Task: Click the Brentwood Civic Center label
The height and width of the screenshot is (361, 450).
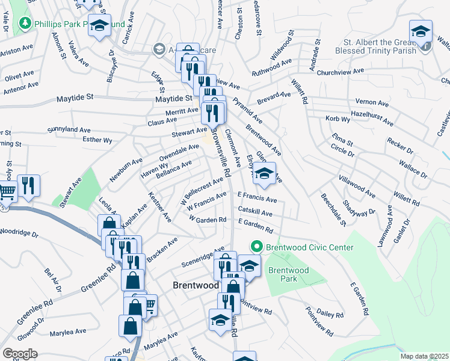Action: click(x=309, y=247)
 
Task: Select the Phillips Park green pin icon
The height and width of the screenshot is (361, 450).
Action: click(x=25, y=23)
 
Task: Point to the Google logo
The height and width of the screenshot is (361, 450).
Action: click(x=20, y=354)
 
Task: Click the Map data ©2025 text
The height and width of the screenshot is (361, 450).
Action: click(x=425, y=356)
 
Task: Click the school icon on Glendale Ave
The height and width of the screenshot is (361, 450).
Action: click(x=264, y=174)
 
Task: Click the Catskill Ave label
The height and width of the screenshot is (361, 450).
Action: click(x=255, y=212)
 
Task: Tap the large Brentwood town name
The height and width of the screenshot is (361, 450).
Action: click(x=196, y=286)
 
